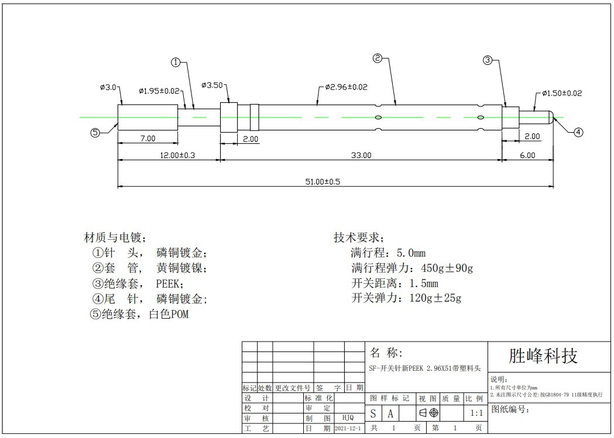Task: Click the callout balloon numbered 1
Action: (176, 62)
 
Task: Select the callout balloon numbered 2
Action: (377, 58)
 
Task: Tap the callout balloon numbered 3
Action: (488, 60)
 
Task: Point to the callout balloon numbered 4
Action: (578, 133)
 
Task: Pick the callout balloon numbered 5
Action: (95, 133)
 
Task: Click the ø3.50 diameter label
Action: (212, 85)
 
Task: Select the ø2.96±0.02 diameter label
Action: (346, 87)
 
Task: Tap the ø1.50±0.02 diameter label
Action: (562, 93)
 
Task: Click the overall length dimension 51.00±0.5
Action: (323, 181)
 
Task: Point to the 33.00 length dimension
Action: (361, 155)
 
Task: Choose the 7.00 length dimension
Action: (148, 139)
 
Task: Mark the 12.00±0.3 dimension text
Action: (177, 155)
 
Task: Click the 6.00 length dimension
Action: (527, 155)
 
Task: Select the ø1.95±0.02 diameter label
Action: (159, 91)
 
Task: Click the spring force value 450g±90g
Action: (447, 268)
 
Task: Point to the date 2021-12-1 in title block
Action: (348, 429)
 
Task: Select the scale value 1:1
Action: (476, 413)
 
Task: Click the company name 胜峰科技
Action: (543, 356)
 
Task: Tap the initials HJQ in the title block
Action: (348, 418)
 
